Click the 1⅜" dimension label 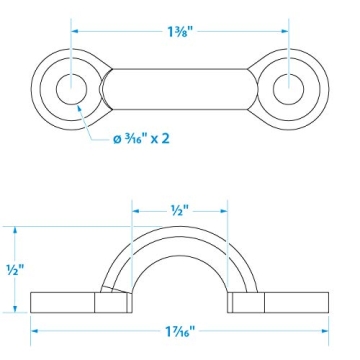pos(181,30)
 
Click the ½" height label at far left pos(13,269)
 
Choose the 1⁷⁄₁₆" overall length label pos(181,328)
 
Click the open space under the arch pos(181,280)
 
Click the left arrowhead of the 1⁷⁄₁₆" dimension pos(35,328)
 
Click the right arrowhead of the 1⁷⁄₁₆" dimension pos(326,328)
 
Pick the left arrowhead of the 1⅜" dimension pos(76,30)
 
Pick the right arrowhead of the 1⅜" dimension pos(285,30)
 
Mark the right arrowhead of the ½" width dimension pos(226,210)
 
